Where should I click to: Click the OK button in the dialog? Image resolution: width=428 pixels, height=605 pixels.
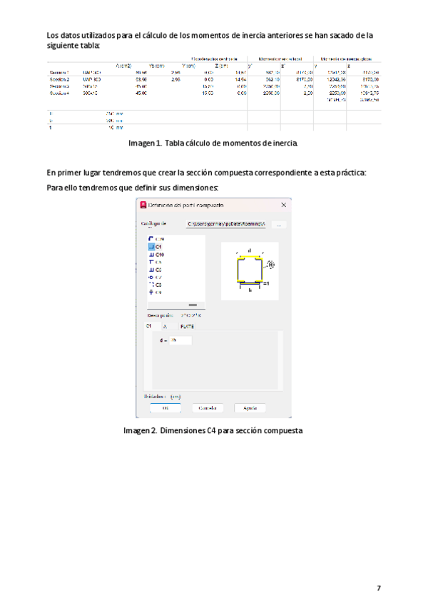[x=165, y=408]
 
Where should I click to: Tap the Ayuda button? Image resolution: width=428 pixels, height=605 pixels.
[x=250, y=408]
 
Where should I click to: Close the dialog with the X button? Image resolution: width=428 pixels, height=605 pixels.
[x=284, y=205]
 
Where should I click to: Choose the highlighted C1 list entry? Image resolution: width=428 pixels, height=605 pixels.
[x=156, y=246]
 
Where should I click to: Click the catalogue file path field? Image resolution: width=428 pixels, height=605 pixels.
[x=226, y=224]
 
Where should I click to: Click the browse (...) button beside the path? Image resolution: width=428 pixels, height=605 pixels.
[x=279, y=224]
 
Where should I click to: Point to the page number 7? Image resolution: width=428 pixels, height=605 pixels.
[x=379, y=588]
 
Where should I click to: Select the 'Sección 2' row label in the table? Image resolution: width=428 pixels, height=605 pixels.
[x=58, y=79]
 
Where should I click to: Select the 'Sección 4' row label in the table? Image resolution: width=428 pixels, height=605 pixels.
[x=58, y=93]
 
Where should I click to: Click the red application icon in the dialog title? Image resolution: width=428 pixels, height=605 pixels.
[x=142, y=205]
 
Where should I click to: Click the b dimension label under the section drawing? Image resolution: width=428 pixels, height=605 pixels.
[x=250, y=290]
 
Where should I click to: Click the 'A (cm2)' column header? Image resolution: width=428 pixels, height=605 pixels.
[x=123, y=66]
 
